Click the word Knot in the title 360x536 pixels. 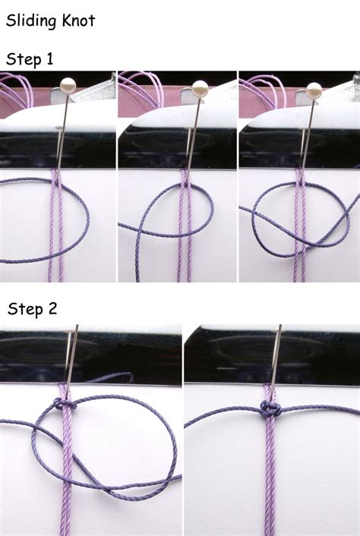click(80, 20)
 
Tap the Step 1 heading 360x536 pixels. click(30, 58)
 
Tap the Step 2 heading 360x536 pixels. click(32, 309)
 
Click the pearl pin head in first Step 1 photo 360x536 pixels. click(68, 86)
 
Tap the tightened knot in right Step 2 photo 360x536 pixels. click(268, 409)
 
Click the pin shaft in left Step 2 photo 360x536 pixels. click(72, 357)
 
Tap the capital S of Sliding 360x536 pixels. click(11, 20)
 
